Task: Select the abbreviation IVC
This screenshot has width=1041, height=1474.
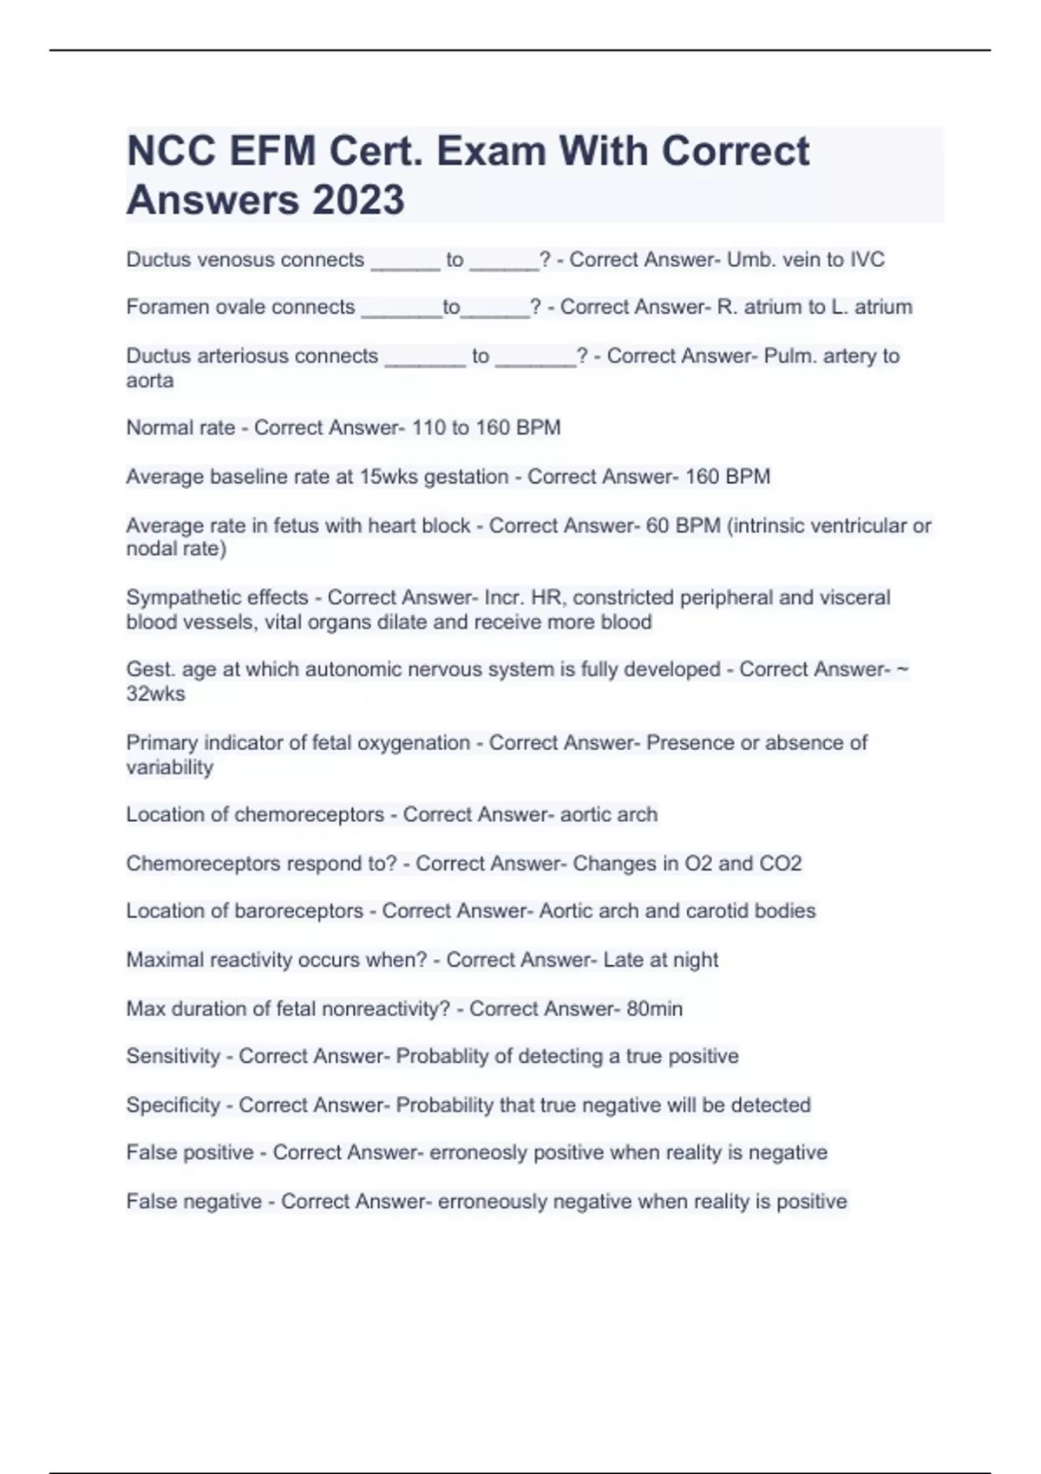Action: (x=867, y=259)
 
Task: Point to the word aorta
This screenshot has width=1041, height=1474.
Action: (x=149, y=381)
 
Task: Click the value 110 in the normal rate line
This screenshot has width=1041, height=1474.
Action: (x=429, y=427)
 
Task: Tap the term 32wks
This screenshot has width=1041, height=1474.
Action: (x=155, y=694)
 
